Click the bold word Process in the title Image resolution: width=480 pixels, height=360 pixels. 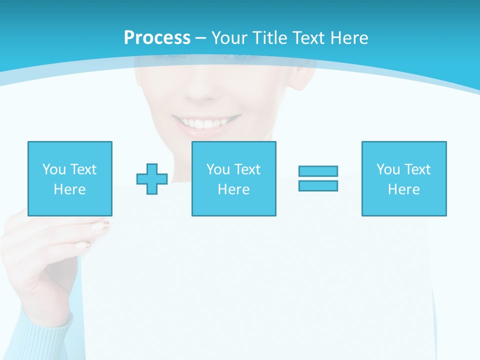(x=157, y=38)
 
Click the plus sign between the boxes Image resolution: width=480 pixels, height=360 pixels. (x=152, y=178)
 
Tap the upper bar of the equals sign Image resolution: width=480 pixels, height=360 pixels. (x=318, y=171)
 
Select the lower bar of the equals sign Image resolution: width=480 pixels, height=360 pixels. (x=318, y=185)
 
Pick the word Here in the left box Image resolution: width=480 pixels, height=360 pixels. (x=69, y=189)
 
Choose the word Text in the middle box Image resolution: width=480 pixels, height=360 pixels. (x=247, y=169)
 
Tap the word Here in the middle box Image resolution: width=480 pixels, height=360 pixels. (x=233, y=189)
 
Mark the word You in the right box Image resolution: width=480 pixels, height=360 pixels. (x=388, y=169)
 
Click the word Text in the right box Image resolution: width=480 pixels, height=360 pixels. (x=417, y=169)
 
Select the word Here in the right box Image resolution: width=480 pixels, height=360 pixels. (x=403, y=189)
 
